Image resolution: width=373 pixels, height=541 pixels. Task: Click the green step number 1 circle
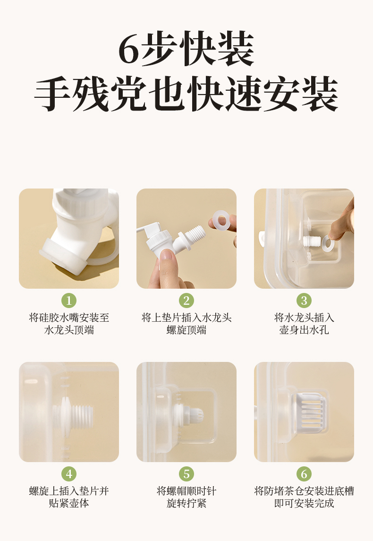coord(69,301)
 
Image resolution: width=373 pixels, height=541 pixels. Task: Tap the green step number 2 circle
coord(186,301)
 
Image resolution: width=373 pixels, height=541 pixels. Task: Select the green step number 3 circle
coord(304,301)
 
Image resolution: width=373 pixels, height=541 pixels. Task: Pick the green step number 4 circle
coord(69,474)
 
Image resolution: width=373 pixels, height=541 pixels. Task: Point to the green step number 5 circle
coord(186,474)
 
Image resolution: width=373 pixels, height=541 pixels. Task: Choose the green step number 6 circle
coord(304,474)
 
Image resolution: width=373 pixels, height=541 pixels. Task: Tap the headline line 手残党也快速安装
coord(186,94)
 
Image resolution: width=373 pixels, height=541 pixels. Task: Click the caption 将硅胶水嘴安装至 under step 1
coord(69,318)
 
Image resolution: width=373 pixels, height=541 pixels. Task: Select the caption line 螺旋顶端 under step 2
coord(186,330)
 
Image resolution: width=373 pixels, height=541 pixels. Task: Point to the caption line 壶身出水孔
coord(304,330)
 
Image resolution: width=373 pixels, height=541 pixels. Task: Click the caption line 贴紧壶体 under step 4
coord(69,503)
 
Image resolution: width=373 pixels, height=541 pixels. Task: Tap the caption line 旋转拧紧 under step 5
coord(186,503)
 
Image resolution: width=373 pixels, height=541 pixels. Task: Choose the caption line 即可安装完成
coord(304,503)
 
